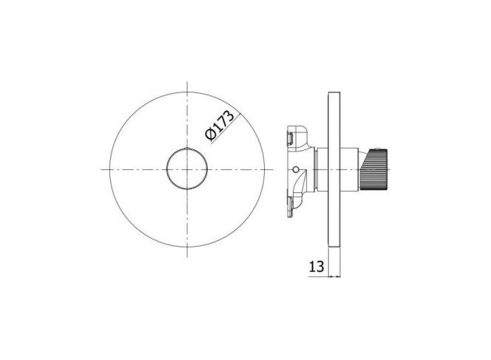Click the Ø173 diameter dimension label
(x=219, y=126)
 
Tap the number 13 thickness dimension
(x=316, y=267)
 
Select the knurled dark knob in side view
(x=374, y=170)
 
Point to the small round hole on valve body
(x=295, y=170)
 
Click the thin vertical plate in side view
(x=334, y=170)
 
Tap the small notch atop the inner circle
(x=187, y=149)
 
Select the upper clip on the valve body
(x=290, y=139)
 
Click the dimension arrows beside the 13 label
(x=334, y=276)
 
